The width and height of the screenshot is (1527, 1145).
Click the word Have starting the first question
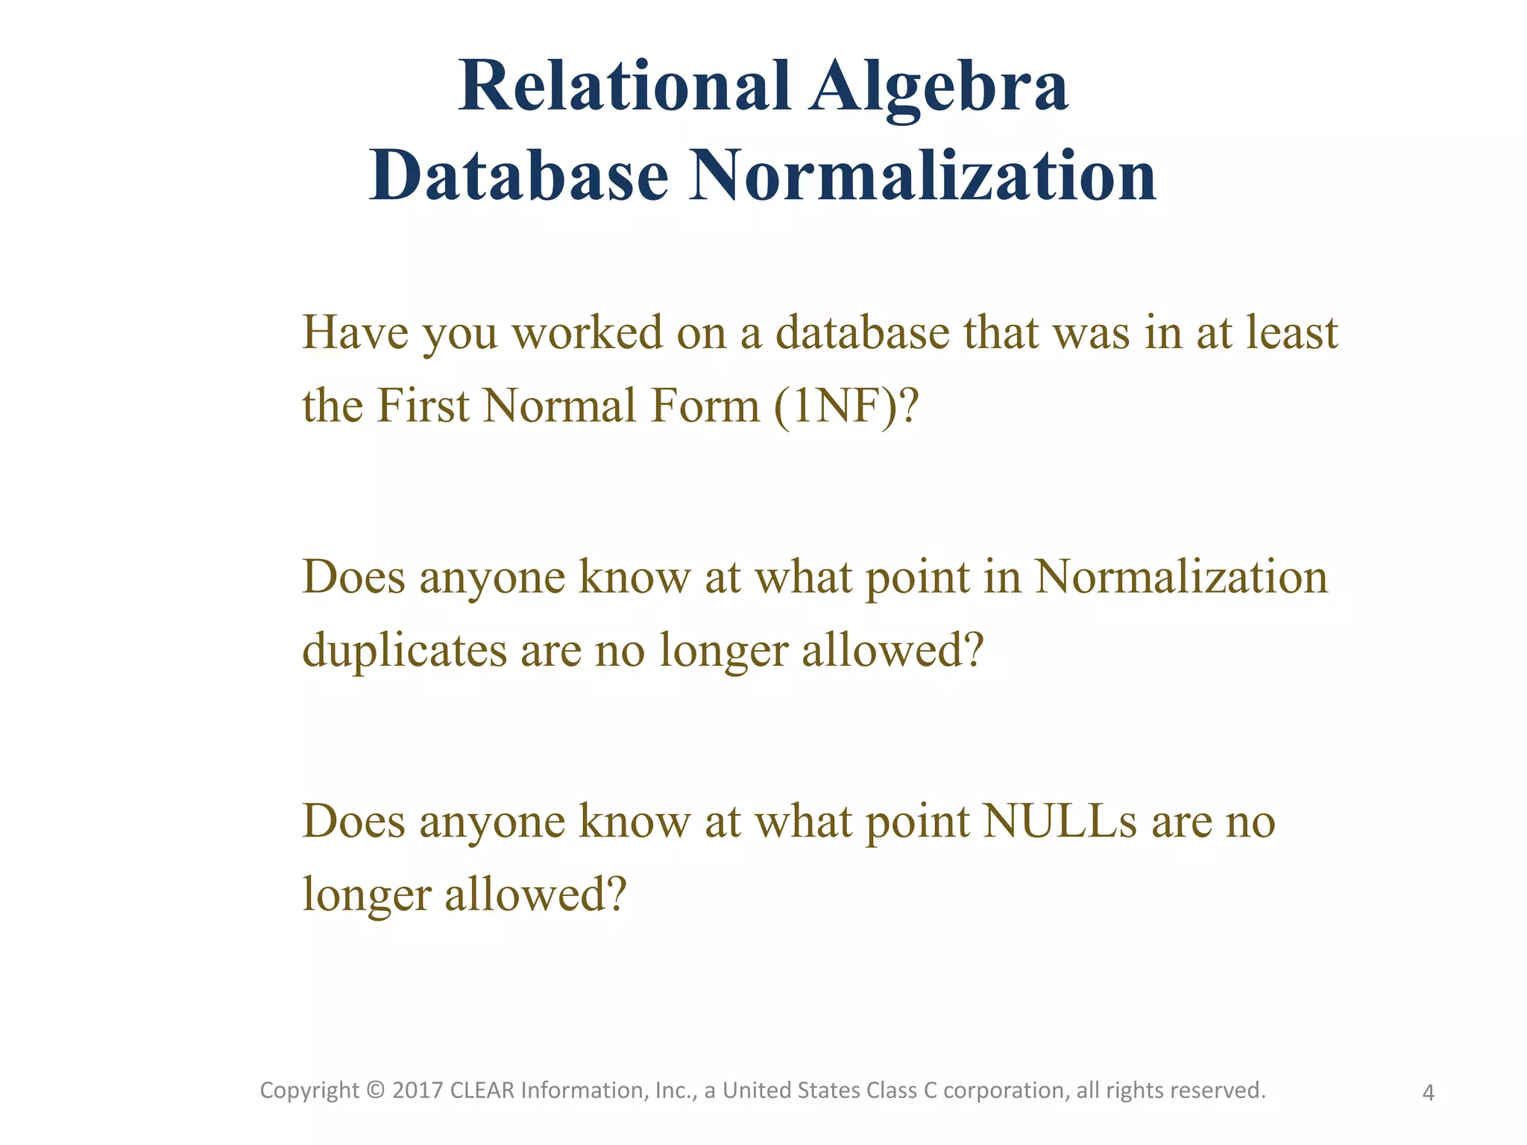tap(355, 332)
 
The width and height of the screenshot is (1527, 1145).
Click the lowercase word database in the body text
tap(862, 332)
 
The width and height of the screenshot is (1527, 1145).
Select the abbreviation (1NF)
tap(834, 407)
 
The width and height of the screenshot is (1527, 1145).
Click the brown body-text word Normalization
tap(1181, 577)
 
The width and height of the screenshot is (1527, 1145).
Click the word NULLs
tap(1060, 821)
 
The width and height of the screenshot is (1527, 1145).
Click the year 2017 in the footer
tap(416, 1091)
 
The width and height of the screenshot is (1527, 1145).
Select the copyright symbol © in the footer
tap(376, 1091)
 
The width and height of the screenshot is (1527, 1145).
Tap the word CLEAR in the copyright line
tap(482, 1091)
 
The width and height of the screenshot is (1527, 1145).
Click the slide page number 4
tap(1428, 1094)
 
